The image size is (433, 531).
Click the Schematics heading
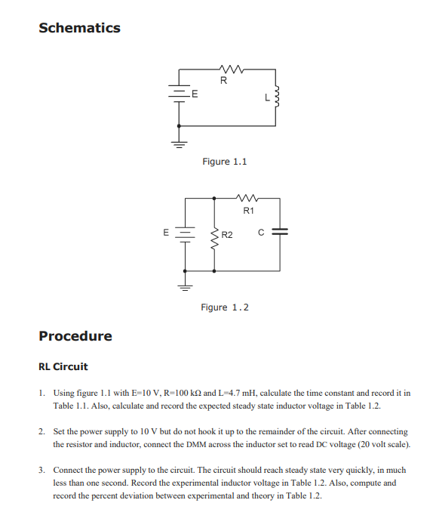(79, 28)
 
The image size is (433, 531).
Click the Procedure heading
(75, 335)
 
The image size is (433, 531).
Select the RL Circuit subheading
(63, 366)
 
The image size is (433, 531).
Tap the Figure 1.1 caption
(224, 162)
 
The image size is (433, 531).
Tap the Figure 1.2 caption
(224, 307)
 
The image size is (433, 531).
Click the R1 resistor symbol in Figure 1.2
(248, 199)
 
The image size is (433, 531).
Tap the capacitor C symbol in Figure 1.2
(280, 233)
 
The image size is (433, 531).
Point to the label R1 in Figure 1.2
(249, 210)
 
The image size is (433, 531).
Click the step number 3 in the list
(41, 469)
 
